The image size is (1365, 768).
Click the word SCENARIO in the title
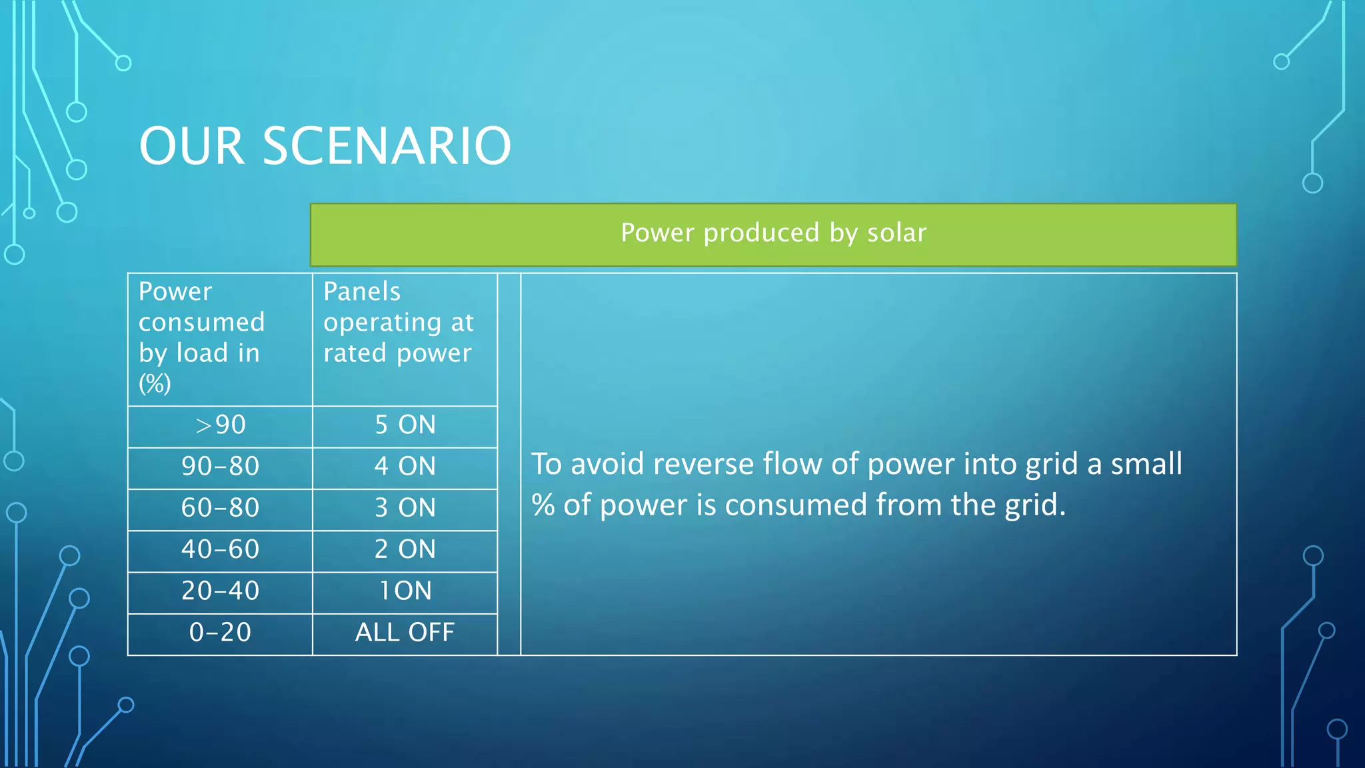(x=387, y=146)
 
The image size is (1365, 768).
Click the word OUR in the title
(x=191, y=146)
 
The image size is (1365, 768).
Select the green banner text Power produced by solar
(x=773, y=233)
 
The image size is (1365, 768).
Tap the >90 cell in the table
(x=220, y=425)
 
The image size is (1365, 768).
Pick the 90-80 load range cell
(x=220, y=466)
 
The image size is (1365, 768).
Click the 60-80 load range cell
(x=220, y=508)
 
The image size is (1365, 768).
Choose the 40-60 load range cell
(x=220, y=549)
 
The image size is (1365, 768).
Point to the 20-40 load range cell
(x=220, y=591)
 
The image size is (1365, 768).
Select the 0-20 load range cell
(x=220, y=632)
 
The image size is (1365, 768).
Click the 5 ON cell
(x=405, y=425)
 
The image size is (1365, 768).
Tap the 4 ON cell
(x=405, y=466)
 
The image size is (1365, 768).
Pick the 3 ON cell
(x=405, y=508)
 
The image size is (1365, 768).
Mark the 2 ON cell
(x=405, y=549)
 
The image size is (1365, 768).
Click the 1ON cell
(x=405, y=591)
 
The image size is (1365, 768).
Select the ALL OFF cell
(x=405, y=632)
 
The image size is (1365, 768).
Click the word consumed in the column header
(x=201, y=323)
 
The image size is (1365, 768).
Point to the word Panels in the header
(x=362, y=291)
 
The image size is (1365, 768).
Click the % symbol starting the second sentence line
(x=543, y=505)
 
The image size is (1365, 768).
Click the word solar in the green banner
(x=896, y=233)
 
